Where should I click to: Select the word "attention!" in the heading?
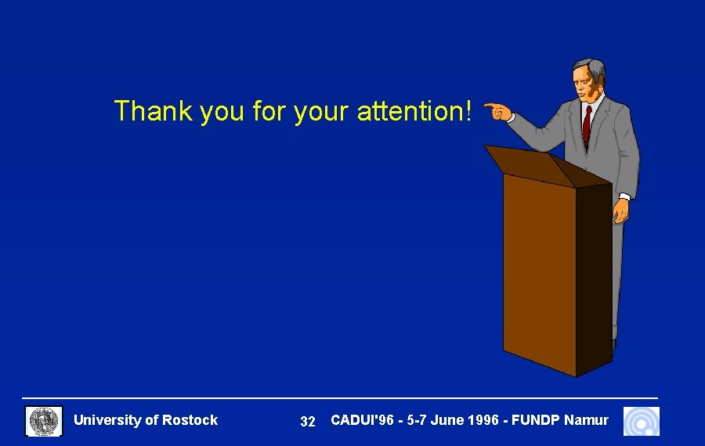415,111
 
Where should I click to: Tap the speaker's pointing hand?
497,112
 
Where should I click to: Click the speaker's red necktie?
587,125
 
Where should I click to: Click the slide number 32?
308,422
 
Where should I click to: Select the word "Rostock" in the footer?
190,420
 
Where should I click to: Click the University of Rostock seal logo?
44,421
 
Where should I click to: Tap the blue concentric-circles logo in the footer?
641,421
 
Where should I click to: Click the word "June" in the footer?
446,420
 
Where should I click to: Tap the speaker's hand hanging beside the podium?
620,210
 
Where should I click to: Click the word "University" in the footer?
107,420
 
